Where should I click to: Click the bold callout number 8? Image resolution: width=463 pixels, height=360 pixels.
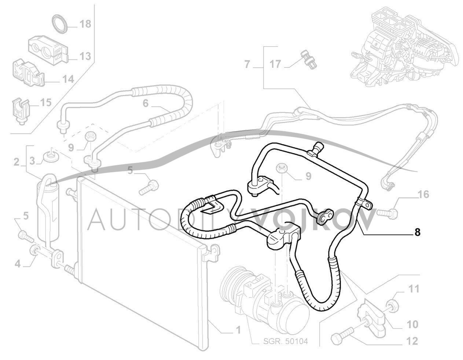click(417, 232)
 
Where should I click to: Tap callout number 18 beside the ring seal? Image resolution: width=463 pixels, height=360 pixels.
click(85, 25)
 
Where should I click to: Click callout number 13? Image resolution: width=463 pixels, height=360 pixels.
click(85, 56)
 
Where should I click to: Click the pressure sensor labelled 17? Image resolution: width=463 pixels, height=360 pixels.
click(305, 58)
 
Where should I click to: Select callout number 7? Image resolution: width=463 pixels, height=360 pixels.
click(247, 65)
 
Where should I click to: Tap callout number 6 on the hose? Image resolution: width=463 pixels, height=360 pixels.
click(146, 103)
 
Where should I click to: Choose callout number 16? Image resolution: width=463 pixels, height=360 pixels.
click(423, 194)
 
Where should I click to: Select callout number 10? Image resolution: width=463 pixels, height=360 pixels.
click(412, 324)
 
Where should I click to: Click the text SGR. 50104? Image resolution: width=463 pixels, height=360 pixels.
click(286, 341)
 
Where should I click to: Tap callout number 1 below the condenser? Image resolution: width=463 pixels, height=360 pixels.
click(238, 330)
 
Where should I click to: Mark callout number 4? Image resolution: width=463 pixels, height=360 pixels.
click(18, 263)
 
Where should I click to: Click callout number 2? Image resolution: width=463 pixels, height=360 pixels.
click(16, 162)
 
